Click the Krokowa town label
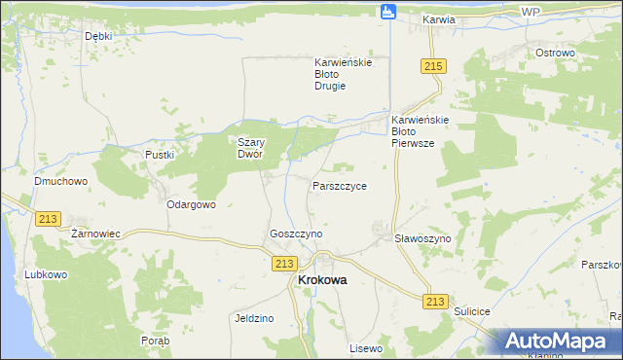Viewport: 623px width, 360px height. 320,280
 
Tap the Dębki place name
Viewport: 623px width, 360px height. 99,36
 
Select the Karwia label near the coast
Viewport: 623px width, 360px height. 440,19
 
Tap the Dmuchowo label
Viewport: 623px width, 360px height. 60,181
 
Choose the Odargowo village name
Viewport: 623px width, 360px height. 191,205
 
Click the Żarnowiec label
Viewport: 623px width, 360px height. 95,234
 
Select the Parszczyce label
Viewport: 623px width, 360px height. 340,186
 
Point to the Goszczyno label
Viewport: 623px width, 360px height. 296,234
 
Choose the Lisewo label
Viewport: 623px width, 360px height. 367,347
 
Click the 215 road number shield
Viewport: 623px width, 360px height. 434,65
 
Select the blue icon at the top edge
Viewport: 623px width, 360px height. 388,12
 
